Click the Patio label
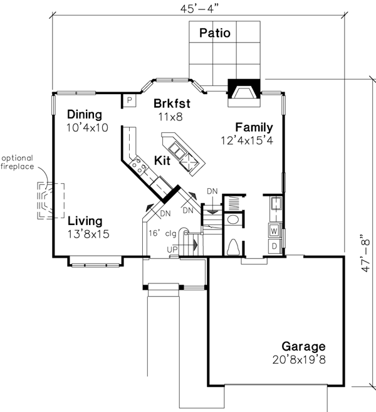214,33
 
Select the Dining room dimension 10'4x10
87,127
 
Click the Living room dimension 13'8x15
88,234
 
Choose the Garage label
303,347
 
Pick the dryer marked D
274,246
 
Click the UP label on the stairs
172,250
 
